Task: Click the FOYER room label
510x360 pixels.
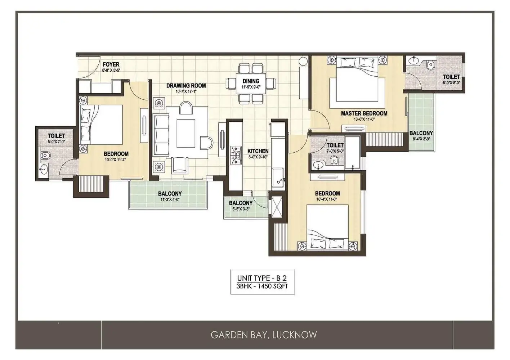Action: (111, 64)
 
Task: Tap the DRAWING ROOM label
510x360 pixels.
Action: (186, 86)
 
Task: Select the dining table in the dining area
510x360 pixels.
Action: (251, 84)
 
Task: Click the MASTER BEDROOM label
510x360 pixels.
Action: (364, 113)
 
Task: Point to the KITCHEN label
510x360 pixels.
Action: (258, 151)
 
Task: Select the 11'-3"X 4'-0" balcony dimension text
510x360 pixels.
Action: (170, 200)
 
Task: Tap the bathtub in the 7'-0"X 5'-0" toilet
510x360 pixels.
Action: (352, 153)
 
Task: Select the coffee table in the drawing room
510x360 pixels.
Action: (186, 133)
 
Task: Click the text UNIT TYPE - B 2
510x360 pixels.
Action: (262, 278)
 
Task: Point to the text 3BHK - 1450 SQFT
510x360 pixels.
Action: (262, 286)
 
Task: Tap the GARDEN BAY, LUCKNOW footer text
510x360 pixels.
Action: (264, 335)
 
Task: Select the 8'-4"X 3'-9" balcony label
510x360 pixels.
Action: (421, 139)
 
